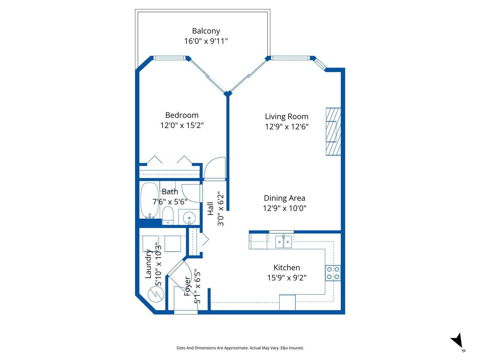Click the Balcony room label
click(206, 31)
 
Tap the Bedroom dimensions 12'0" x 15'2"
click(182, 125)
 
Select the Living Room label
click(286, 116)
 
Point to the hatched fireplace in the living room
click(333, 132)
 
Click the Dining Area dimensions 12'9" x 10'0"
click(284, 208)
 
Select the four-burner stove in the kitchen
click(333, 273)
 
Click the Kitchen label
click(286, 268)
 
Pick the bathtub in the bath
click(149, 200)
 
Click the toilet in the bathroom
click(168, 216)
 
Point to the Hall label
click(211, 209)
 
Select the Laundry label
click(148, 264)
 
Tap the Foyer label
click(188, 287)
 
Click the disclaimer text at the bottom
click(240, 348)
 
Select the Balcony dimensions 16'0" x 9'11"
click(206, 41)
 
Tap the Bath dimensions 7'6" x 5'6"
click(170, 202)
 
